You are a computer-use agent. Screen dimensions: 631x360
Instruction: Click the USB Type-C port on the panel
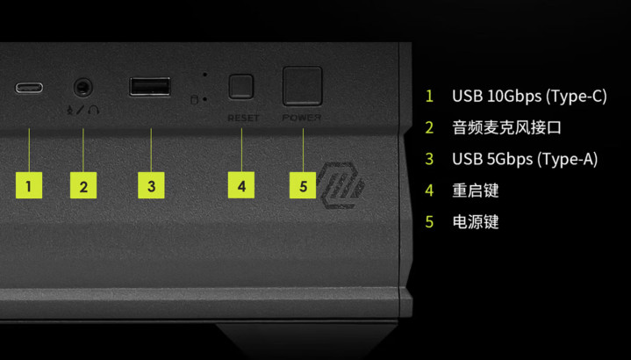[x=29, y=88]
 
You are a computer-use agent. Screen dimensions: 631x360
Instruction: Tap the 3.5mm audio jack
[x=83, y=88]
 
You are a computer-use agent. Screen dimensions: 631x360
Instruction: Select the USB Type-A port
[x=150, y=87]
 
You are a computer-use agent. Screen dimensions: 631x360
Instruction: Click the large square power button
[x=303, y=86]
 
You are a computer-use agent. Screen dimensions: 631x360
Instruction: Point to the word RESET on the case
[x=243, y=118]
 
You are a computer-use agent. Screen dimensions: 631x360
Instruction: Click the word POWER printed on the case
[x=302, y=118]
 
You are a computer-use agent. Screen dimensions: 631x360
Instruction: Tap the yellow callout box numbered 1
[x=29, y=185]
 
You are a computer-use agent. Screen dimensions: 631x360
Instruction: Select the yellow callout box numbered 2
[x=83, y=185]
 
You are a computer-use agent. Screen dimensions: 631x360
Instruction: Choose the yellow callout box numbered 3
[x=151, y=185]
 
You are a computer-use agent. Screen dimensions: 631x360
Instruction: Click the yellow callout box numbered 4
[x=241, y=185]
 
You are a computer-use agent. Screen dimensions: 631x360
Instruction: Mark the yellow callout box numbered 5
[x=303, y=185]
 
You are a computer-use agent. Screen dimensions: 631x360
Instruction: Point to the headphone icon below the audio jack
[x=93, y=110]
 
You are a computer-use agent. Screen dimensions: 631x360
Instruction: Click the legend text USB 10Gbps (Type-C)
[x=529, y=97]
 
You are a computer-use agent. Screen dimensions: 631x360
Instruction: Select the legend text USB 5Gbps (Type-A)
[x=525, y=159]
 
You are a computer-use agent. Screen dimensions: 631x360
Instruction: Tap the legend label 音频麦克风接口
[x=506, y=127]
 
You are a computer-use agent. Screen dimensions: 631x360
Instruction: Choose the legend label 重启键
[x=476, y=191]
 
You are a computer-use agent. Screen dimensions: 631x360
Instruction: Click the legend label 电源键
[x=476, y=222]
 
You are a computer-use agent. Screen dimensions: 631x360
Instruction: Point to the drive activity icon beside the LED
[x=194, y=99]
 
